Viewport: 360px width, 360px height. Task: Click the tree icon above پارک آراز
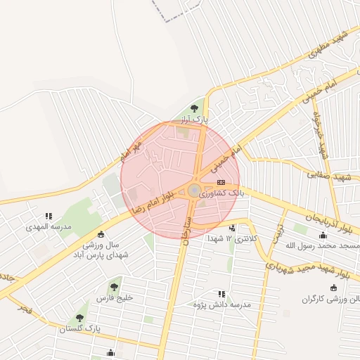click(194, 108)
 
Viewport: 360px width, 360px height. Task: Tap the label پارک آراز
click(194, 119)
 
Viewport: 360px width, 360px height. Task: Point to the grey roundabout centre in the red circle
click(193, 191)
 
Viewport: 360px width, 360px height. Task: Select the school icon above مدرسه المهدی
click(49, 217)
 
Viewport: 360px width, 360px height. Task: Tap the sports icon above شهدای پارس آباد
click(103, 234)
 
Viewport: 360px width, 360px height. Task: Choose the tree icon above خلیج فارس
click(114, 286)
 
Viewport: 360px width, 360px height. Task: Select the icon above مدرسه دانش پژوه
click(222, 294)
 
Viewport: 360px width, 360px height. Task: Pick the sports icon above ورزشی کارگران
click(334, 288)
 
